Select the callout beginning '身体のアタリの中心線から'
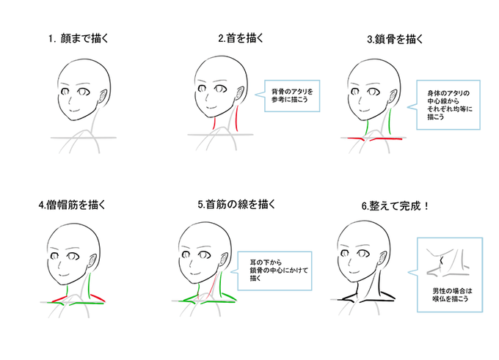(450, 104)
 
